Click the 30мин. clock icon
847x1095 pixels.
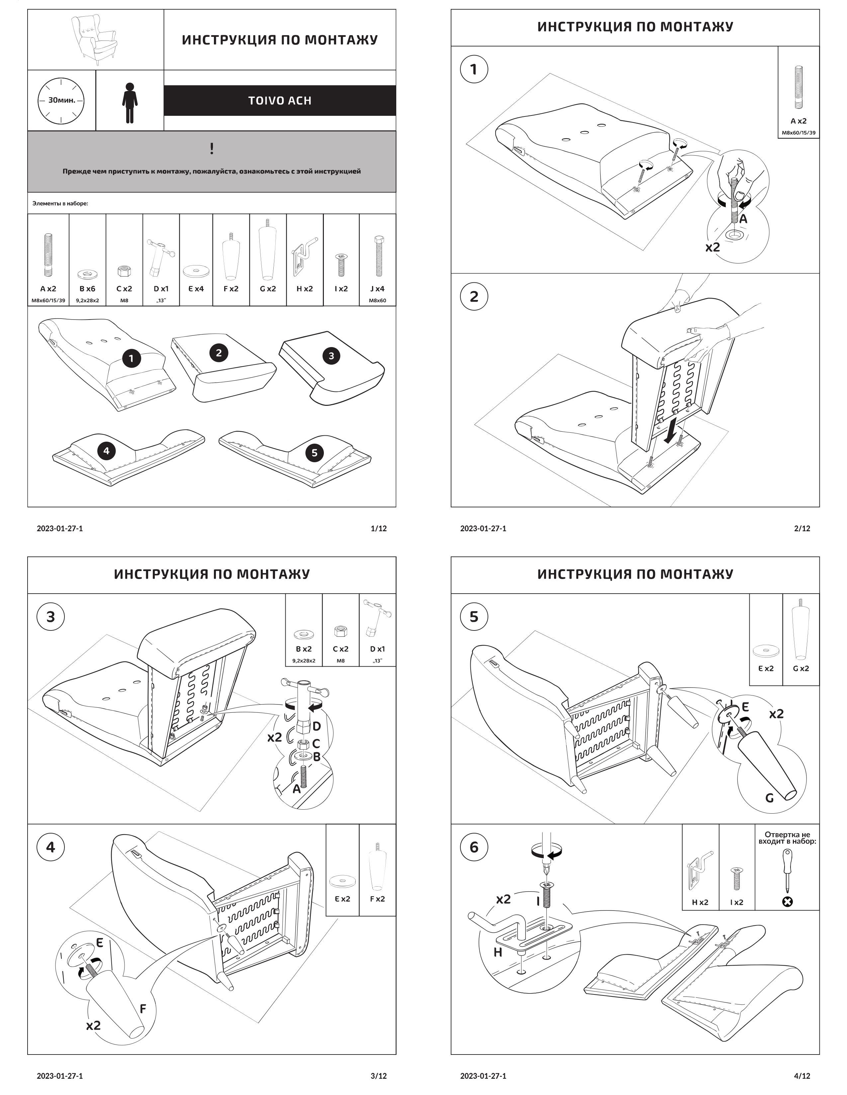pyautogui.click(x=61, y=100)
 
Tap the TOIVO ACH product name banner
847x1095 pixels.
pyautogui.click(x=279, y=100)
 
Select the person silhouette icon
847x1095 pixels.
pyautogui.click(x=130, y=103)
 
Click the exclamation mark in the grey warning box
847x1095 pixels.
pyautogui.click(x=212, y=148)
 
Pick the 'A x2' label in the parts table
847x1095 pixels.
pyautogui.click(x=48, y=289)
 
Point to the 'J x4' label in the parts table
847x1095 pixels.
pyautogui.click(x=377, y=289)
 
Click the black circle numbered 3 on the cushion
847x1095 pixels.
pyautogui.click(x=331, y=356)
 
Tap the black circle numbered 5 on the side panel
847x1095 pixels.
pyautogui.click(x=314, y=453)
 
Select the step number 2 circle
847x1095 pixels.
pyautogui.click(x=474, y=296)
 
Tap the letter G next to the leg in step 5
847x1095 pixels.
pyautogui.click(x=769, y=797)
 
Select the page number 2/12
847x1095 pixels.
pyautogui.click(x=802, y=528)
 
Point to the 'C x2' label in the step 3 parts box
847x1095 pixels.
pyautogui.click(x=340, y=649)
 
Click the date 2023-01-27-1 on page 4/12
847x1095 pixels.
pyautogui.click(x=483, y=1075)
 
